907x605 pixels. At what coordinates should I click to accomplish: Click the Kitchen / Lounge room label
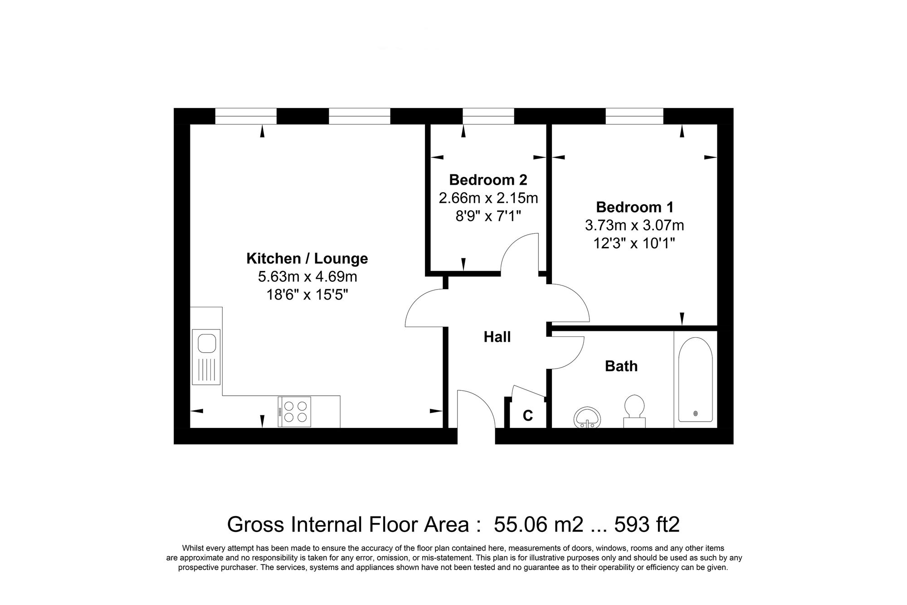tap(307, 258)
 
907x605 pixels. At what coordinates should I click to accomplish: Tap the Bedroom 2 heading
tap(488, 180)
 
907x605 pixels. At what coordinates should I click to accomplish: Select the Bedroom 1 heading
tap(634, 207)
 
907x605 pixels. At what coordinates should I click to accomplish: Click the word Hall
tap(497, 337)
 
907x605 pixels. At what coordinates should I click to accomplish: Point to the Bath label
tap(621, 366)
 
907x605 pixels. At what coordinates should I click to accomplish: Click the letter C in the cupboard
tap(527, 415)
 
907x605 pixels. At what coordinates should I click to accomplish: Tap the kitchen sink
tap(206, 357)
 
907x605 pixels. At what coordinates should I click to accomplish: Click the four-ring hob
tap(294, 412)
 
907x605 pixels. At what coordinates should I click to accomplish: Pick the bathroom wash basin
tap(588, 417)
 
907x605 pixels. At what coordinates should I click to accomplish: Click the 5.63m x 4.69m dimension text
tap(307, 276)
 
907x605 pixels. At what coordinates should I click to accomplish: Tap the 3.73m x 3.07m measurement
tap(634, 225)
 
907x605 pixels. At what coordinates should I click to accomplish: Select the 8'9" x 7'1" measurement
tap(488, 216)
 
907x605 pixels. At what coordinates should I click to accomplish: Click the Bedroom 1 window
tap(634, 116)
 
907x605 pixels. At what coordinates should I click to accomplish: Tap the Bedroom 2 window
tap(488, 116)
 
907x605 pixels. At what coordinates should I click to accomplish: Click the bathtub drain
tap(696, 413)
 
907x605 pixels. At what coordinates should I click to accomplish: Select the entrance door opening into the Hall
tap(476, 411)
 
